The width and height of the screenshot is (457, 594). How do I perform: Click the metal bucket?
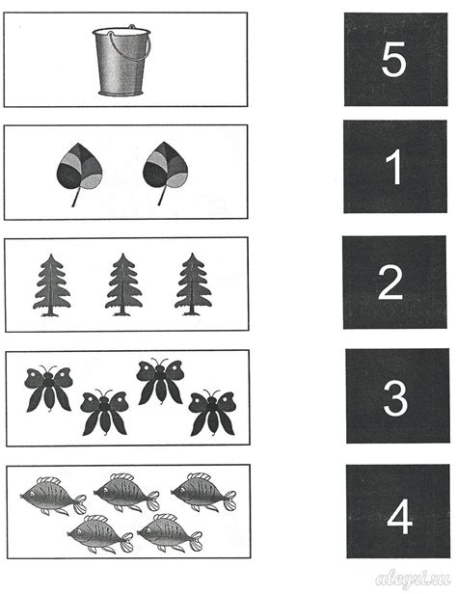tap(121, 63)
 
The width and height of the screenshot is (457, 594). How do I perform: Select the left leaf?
tap(79, 171)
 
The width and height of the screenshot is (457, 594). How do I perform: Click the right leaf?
tap(166, 170)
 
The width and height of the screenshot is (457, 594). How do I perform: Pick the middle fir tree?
tap(123, 284)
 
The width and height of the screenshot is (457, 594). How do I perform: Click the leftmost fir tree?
tap(52, 284)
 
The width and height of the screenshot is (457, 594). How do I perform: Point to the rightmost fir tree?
tap(193, 284)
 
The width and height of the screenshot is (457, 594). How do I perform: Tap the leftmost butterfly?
tap(48, 389)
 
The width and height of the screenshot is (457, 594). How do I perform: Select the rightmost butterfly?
tap(212, 412)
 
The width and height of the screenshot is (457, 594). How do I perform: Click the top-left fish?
tap(53, 496)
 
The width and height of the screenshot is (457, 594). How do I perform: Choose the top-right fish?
tap(203, 492)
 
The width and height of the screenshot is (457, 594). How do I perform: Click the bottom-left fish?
tap(100, 533)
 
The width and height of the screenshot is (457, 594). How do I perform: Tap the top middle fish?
tap(127, 492)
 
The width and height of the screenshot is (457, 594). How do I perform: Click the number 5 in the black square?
tap(393, 60)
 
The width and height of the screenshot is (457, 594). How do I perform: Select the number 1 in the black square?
tap(394, 167)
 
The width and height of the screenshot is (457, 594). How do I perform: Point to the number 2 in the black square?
tap(390, 283)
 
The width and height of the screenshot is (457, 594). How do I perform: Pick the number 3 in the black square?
tap(395, 398)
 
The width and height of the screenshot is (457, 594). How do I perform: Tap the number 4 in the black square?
tap(399, 516)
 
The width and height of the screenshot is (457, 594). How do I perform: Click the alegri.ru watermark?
tap(413, 579)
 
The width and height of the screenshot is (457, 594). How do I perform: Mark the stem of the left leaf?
tap(76, 197)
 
